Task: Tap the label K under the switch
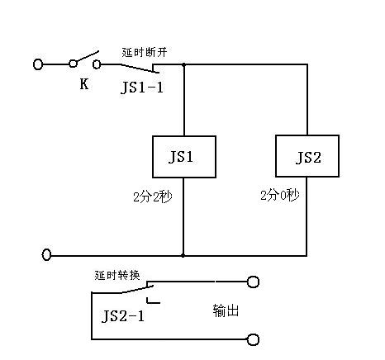point(84,83)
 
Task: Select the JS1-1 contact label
point(142,88)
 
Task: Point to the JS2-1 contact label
point(123,316)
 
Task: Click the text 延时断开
point(145,52)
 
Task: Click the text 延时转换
point(117,275)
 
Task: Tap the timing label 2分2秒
point(153,197)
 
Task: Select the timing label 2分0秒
point(280,196)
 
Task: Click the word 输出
point(226,310)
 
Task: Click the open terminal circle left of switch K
point(38,64)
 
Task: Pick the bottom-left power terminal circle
point(46,254)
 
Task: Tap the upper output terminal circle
point(253,282)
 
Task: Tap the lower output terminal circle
point(253,339)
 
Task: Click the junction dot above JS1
point(184,64)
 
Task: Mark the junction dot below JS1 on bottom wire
point(183,256)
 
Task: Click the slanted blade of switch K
point(87,57)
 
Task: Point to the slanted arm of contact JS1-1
point(140,69)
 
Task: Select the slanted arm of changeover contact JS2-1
point(137,290)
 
